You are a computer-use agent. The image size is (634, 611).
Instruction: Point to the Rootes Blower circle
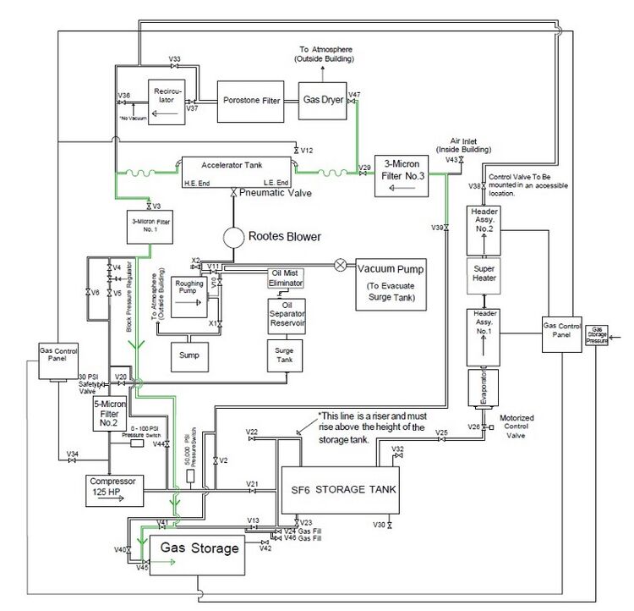click(x=234, y=236)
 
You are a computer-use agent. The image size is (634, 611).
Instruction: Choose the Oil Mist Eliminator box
click(x=287, y=278)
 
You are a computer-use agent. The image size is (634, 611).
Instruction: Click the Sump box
click(x=189, y=355)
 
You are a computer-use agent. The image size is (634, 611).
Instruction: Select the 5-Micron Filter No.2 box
click(x=109, y=414)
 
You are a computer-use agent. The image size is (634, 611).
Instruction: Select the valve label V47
click(x=354, y=94)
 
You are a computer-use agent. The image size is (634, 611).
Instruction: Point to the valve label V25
click(x=441, y=433)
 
